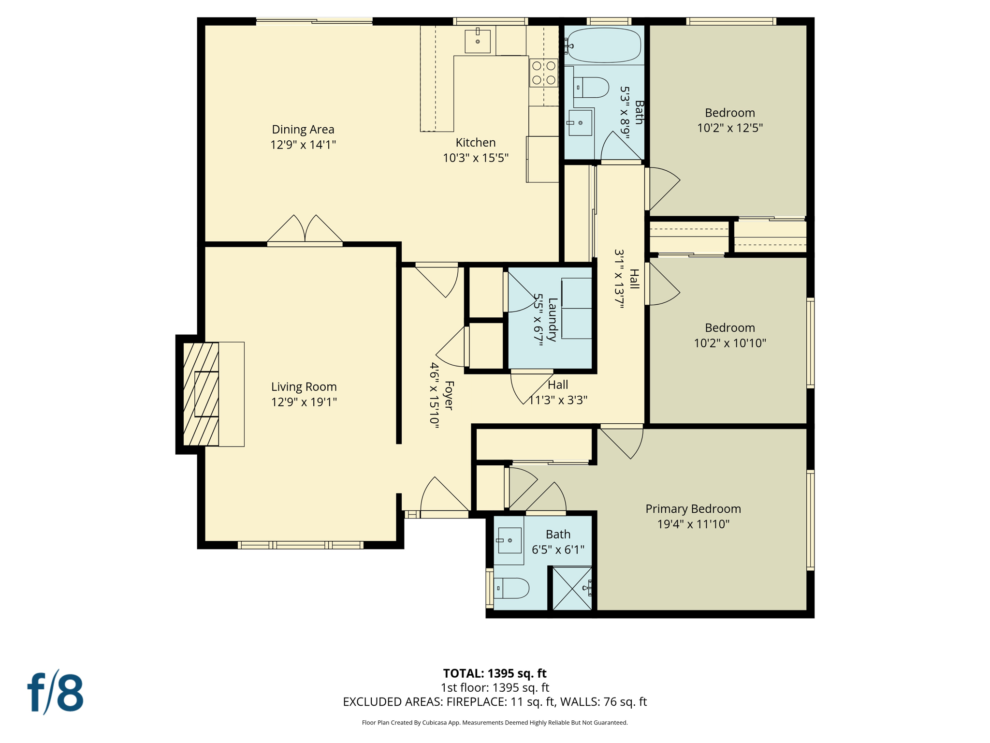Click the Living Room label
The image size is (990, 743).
click(304, 386)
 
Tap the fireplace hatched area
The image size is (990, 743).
click(201, 394)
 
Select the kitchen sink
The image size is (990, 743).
click(477, 41)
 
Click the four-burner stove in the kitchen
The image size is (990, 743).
click(543, 73)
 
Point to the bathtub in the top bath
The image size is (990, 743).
click(604, 45)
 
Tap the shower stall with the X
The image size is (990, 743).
click(572, 588)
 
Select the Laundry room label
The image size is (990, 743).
click(553, 319)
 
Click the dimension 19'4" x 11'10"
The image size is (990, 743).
click(693, 524)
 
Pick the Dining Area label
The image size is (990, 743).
click(303, 129)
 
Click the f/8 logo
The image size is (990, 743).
click(55, 693)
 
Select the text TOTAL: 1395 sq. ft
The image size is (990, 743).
click(495, 673)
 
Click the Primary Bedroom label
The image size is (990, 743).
click(693, 508)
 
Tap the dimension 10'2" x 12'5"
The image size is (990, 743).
click(729, 128)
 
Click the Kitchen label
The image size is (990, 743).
click(476, 142)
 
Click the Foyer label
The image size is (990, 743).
click(449, 395)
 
